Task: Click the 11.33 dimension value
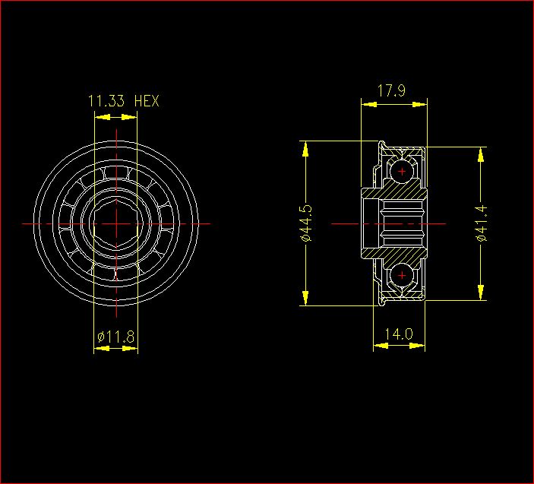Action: coord(106,101)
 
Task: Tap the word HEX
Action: coord(147,101)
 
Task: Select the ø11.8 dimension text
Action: coord(115,337)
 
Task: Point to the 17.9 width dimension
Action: coord(392,91)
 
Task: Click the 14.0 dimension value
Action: coord(399,334)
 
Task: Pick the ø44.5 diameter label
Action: coord(306,223)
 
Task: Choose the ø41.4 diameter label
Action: coord(482,223)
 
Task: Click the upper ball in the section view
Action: coord(402,171)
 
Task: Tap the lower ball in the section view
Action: coord(402,275)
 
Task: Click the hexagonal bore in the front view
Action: coord(116,224)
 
